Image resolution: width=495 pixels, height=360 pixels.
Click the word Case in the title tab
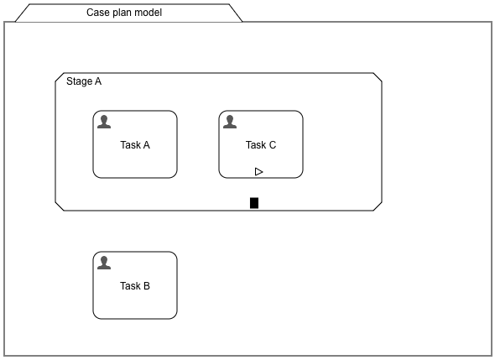point(99,13)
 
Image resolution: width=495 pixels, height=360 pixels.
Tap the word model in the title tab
point(148,13)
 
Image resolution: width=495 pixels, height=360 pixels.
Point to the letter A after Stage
point(98,81)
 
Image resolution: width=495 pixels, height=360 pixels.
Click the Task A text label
point(135,145)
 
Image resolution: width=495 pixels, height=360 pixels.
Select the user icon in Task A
point(104,123)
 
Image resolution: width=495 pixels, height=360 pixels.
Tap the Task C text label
point(261,145)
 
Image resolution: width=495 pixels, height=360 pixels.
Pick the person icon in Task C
point(230,123)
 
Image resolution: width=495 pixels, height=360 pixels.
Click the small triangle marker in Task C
point(259,171)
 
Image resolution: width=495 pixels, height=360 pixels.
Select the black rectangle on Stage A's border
point(254,202)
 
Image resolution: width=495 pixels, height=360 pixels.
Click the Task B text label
point(135,286)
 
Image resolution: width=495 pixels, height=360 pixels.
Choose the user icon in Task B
point(104,263)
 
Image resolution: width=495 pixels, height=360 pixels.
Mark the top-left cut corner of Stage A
point(60,78)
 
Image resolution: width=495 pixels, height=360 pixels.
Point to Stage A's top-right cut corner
point(378,78)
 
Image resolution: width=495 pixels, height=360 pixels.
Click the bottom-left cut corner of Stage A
point(60,204)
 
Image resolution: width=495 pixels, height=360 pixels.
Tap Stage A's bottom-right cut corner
point(378,204)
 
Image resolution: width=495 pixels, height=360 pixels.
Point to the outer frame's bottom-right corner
point(491,355)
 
